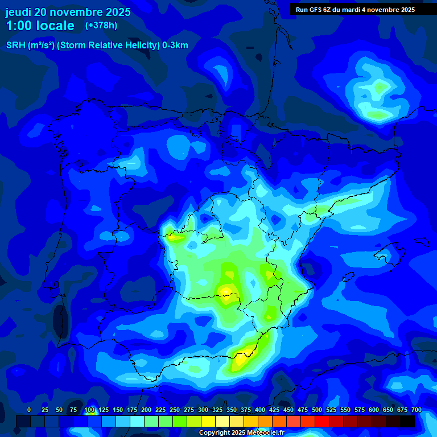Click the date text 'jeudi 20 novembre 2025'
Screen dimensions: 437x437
click(68, 12)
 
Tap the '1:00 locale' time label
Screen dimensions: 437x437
click(40, 26)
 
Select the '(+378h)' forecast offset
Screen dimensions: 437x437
click(101, 25)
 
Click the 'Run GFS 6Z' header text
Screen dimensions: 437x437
click(319, 10)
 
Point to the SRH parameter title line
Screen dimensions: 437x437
click(97, 46)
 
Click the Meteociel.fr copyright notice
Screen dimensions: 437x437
click(241, 432)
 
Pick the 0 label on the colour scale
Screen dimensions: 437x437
click(29, 410)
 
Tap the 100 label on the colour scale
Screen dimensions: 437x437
click(89, 410)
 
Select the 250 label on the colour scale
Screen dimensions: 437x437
click(175, 410)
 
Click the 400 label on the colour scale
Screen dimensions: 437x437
click(260, 410)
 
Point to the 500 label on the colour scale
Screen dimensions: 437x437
click(317, 410)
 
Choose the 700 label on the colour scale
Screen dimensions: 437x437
click(417, 410)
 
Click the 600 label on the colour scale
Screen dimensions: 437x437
click(374, 410)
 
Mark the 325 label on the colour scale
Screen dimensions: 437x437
click(217, 410)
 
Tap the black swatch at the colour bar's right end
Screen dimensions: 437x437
click(407, 421)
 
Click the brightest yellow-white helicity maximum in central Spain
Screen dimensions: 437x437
click(226, 291)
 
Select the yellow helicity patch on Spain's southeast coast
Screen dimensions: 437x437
click(241, 359)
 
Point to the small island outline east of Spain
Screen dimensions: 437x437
click(393, 250)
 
